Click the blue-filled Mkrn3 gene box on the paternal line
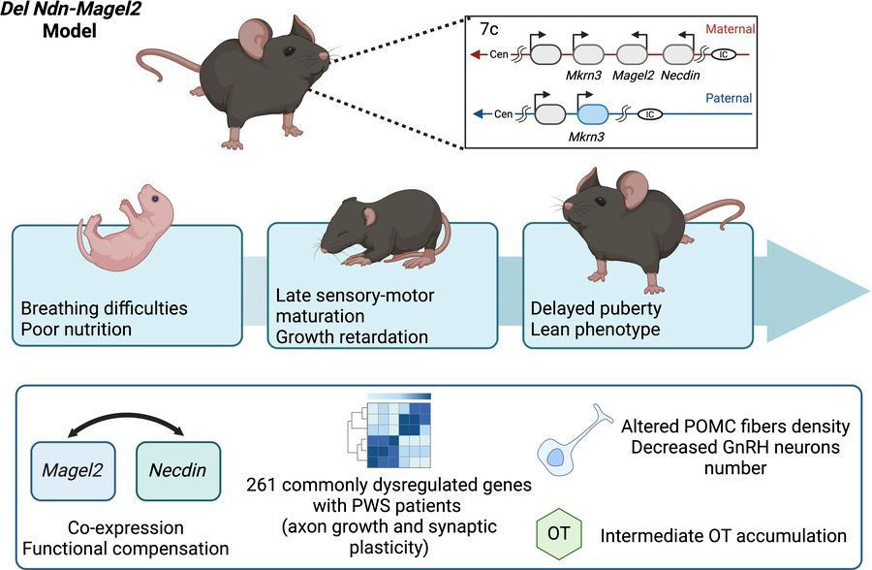click(x=593, y=113)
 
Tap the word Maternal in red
click(x=731, y=29)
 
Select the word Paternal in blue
click(x=729, y=98)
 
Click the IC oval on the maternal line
click(x=724, y=54)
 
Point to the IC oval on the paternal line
click(x=649, y=114)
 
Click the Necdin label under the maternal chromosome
click(x=680, y=76)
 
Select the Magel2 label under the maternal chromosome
click(x=633, y=76)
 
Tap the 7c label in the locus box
click(x=489, y=29)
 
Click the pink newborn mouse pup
click(x=126, y=228)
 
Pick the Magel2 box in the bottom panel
click(x=73, y=470)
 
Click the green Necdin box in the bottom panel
click(x=178, y=470)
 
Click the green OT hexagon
click(x=559, y=533)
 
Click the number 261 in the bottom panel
click(x=262, y=485)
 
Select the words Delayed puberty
click(x=596, y=308)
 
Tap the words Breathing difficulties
click(x=104, y=308)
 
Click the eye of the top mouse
click(x=289, y=51)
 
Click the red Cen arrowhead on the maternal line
click(x=475, y=54)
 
